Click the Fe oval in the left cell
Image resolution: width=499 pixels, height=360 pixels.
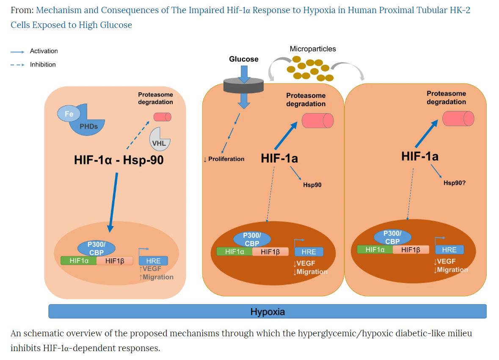69,114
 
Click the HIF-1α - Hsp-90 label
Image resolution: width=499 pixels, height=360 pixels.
119,160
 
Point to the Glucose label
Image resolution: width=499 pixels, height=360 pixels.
243,59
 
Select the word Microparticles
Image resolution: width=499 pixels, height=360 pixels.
313,49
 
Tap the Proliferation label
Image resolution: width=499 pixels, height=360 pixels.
224,159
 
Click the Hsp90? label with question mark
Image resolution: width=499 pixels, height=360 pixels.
455,183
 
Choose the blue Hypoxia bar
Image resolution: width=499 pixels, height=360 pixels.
267,312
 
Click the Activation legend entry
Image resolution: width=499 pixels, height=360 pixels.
44,51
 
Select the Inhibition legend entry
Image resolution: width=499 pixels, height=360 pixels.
43,64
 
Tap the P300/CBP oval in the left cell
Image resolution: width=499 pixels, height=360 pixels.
96,247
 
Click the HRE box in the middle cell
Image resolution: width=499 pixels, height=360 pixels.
309,252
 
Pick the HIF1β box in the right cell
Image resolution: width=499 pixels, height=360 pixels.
411,249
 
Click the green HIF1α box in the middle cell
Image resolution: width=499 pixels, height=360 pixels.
234,252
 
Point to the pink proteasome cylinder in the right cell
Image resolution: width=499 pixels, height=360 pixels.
458,119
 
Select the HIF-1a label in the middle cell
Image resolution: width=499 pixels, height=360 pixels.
279,158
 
